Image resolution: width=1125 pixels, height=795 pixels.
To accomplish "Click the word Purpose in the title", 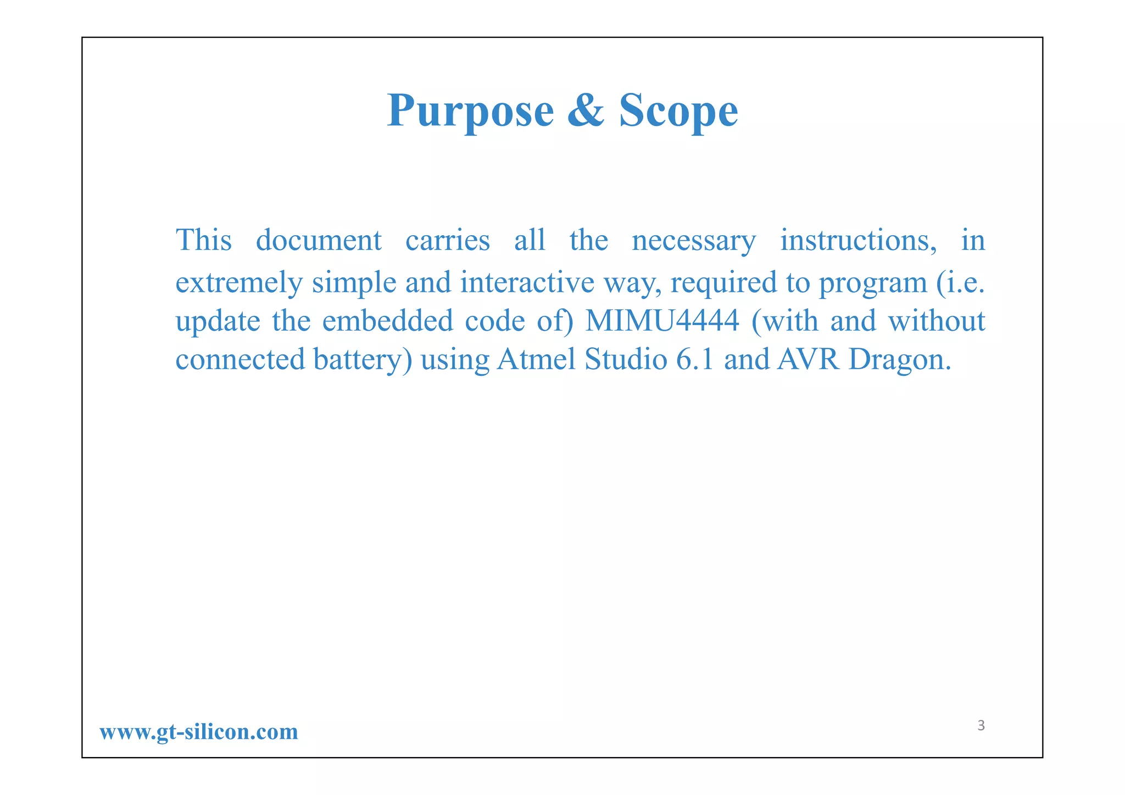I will click(x=471, y=112).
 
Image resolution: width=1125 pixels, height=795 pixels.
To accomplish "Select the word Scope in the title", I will click(x=678, y=112).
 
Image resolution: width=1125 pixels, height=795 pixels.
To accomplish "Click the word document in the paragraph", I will click(x=319, y=241).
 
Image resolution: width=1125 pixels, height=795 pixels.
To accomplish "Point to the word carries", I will click(x=447, y=241).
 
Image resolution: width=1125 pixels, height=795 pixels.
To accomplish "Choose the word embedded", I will click(x=387, y=321).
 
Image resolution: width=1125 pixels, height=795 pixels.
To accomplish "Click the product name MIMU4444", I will click(x=662, y=321).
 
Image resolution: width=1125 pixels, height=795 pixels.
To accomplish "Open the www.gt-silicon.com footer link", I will click(x=199, y=732).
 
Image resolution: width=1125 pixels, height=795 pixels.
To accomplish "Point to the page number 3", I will click(x=981, y=726).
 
